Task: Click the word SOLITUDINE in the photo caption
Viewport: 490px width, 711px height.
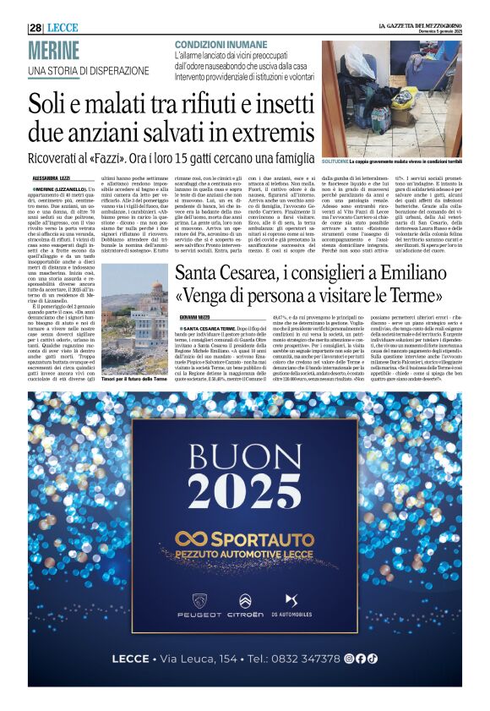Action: pos(337,159)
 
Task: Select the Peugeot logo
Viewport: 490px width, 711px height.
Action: pos(200,601)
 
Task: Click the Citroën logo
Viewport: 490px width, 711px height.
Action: pos(245,601)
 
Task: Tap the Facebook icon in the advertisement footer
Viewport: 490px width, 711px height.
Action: pos(361,659)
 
